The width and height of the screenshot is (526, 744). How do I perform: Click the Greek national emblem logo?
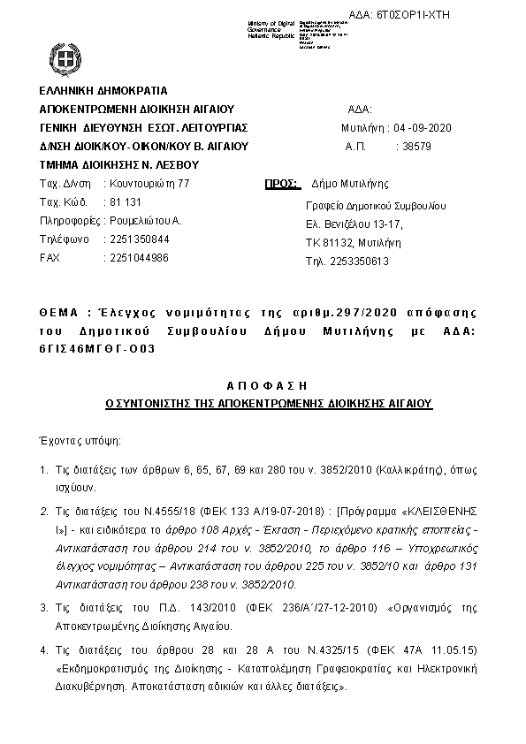[64, 62]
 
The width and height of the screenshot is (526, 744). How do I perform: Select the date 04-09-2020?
[428, 129]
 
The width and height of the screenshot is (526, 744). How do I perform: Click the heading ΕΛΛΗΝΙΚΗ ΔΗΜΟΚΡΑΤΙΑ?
[103, 90]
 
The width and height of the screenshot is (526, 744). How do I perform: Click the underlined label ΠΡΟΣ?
[278, 184]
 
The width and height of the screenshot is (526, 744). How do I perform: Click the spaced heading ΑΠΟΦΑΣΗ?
[267, 386]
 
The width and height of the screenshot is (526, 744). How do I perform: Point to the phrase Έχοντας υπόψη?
[78, 439]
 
